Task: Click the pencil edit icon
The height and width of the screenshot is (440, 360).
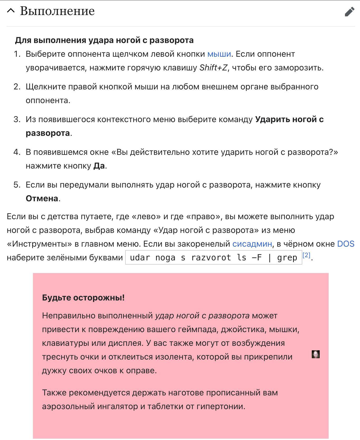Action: click(349, 12)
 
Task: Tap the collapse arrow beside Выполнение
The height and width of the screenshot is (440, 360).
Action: click(11, 11)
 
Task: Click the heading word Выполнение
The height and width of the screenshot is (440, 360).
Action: click(57, 11)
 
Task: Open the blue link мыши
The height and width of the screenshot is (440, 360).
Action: click(219, 54)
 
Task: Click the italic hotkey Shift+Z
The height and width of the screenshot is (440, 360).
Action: click(213, 68)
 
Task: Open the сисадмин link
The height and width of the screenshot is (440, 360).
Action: click(252, 244)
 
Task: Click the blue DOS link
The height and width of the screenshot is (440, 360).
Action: click(346, 244)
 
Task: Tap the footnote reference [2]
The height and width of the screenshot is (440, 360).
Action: click(306, 255)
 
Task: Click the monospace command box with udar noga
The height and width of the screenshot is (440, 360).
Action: click(213, 257)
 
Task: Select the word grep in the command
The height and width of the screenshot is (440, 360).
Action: click(287, 257)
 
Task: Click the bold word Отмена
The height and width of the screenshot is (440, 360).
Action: click(42, 199)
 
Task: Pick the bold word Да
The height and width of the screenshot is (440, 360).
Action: click(99, 166)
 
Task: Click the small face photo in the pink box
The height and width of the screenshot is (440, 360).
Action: click(315, 354)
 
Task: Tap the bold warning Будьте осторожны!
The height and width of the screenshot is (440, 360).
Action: click(83, 298)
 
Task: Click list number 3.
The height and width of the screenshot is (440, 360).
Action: click(17, 119)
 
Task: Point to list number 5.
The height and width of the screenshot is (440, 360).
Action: click(17, 185)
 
